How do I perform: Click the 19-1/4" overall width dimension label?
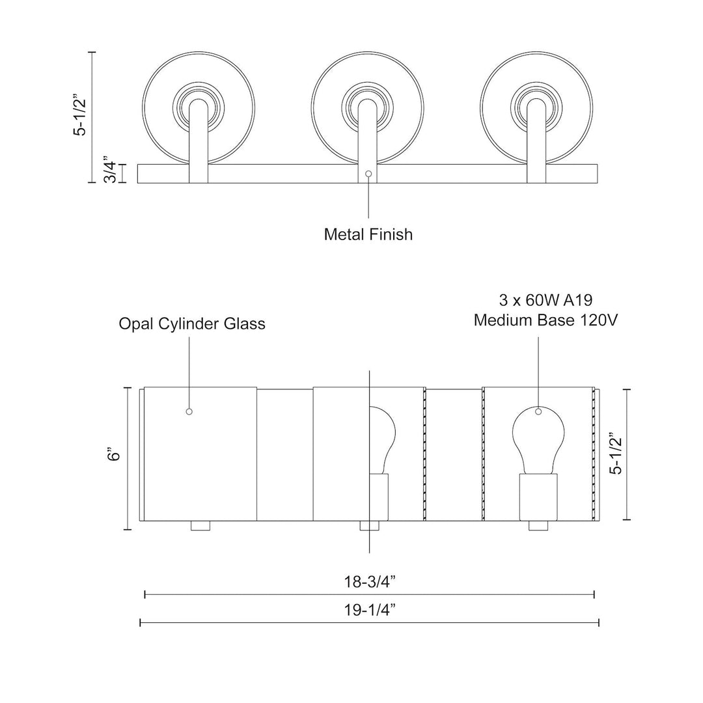pos(369,611)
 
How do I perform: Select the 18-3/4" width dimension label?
pos(369,581)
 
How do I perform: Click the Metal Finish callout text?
pos(368,234)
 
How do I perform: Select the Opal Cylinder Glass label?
pos(192,324)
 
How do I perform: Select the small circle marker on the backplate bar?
pos(369,174)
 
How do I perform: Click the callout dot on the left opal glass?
pos(189,411)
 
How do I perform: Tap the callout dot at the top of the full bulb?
pos(538,411)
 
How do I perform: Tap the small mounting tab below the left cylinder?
pos(200,526)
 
